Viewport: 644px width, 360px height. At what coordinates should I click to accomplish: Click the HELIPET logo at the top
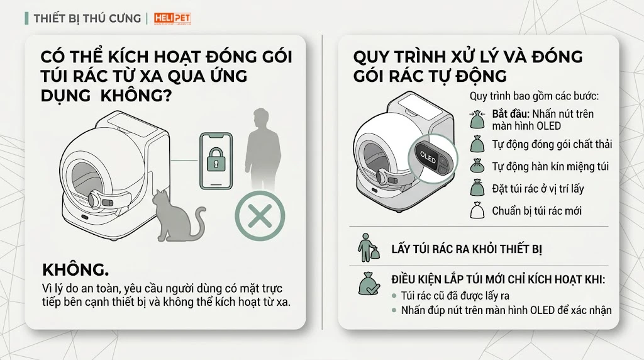point(172,18)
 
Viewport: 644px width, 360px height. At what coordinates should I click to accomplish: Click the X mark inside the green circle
point(260,216)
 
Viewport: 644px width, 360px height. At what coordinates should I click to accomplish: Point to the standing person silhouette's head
point(261,119)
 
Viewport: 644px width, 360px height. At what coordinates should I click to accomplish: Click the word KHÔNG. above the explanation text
point(75,270)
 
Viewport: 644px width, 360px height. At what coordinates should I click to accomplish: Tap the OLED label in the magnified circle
point(428,157)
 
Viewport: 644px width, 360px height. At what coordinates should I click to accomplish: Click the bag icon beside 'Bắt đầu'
point(477,119)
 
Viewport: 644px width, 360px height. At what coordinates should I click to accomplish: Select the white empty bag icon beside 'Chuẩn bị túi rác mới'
point(477,210)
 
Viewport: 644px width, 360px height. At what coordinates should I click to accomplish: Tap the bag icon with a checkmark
point(369,284)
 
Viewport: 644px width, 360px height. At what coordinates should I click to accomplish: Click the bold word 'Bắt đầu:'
point(510,114)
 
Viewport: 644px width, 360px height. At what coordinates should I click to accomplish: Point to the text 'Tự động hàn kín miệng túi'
point(550,166)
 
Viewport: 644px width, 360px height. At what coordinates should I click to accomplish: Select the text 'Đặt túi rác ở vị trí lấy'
point(538,189)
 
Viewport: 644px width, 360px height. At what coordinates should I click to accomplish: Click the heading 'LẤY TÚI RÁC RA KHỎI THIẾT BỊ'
point(467,249)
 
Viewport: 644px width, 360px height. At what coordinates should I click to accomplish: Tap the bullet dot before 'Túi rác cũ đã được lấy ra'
point(394,296)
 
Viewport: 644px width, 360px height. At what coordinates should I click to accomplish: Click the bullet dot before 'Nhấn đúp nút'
point(394,310)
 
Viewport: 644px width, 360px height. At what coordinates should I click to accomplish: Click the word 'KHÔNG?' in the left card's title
point(136,95)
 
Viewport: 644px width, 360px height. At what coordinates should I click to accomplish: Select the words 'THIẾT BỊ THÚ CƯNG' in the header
point(87,18)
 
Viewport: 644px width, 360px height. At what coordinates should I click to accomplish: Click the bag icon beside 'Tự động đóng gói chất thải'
point(477,144)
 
